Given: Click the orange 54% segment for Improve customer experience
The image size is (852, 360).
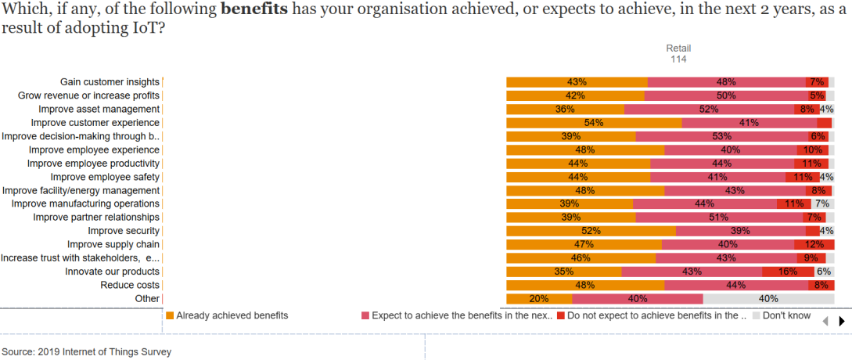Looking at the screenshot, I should point(594,123).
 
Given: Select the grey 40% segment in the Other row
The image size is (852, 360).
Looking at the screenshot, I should point(768,298).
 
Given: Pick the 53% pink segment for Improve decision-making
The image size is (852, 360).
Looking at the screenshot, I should point(721,136).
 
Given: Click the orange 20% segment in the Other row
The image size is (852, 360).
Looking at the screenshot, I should point(539,298).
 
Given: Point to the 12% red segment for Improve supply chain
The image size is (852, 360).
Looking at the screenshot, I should point(814,244).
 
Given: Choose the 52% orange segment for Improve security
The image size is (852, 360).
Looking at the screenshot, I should point(591,231).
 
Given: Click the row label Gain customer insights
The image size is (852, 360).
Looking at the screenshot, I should point(110,81).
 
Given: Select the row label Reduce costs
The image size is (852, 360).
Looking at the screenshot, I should point(130,285).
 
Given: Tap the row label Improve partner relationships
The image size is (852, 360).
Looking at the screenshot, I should point(96,217).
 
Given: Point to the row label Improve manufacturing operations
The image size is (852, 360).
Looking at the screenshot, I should point(85,203).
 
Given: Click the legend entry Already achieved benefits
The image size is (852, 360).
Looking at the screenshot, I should point(232,315).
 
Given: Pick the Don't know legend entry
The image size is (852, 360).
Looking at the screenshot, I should point(786,315).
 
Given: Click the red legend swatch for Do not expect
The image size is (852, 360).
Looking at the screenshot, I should point(560,316).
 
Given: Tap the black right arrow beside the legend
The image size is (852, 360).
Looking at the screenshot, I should point(842,321).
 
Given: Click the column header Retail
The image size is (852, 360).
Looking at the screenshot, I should point(678,49).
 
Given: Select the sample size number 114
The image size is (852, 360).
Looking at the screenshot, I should point(678,59).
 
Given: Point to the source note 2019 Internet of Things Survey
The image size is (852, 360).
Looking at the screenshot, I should point(86,351).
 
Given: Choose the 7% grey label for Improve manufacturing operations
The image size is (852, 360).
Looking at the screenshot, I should point(822,203).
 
